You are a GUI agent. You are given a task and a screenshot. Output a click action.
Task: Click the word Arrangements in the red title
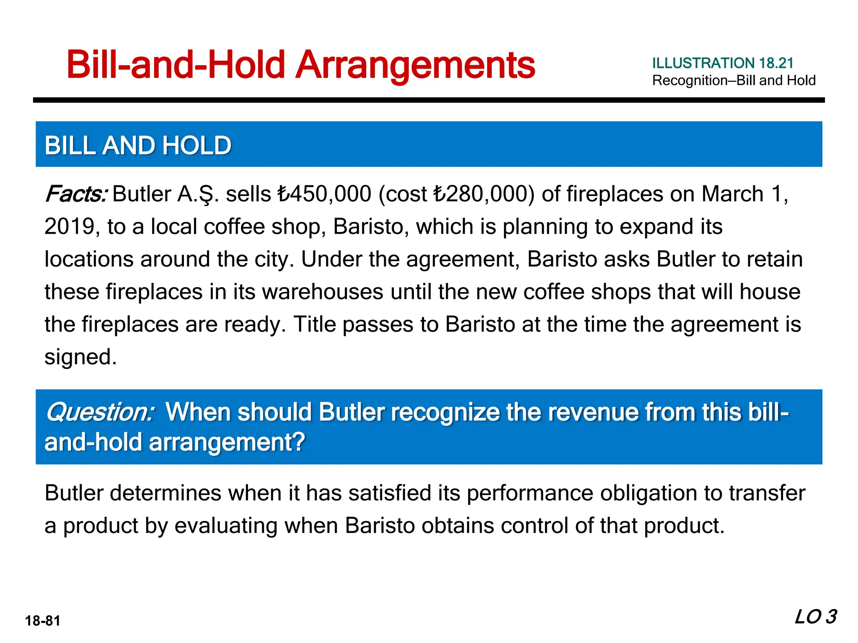tap(415, 65)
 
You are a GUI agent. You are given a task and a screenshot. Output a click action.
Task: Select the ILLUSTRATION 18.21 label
tap(723, 63)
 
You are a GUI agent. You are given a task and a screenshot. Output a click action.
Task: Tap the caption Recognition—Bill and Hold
tap(734, 80)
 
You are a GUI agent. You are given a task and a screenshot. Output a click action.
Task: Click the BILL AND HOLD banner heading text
tap(138, 145)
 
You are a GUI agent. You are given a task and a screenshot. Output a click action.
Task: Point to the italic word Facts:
tap(76, 194)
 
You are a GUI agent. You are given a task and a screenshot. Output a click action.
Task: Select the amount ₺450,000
tap(324, 194)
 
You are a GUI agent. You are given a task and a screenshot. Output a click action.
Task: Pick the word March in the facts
tap(732, 194)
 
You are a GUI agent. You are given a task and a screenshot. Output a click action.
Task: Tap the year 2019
tap(69, 227)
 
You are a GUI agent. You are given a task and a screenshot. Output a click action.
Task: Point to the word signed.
tap(80, 357)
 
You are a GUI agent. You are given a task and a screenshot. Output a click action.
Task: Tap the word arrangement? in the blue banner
tap(227, 442)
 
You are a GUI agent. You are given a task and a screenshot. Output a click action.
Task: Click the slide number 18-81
tap(43, 621)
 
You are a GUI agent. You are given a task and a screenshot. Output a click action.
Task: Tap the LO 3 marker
tap(815, 617)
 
